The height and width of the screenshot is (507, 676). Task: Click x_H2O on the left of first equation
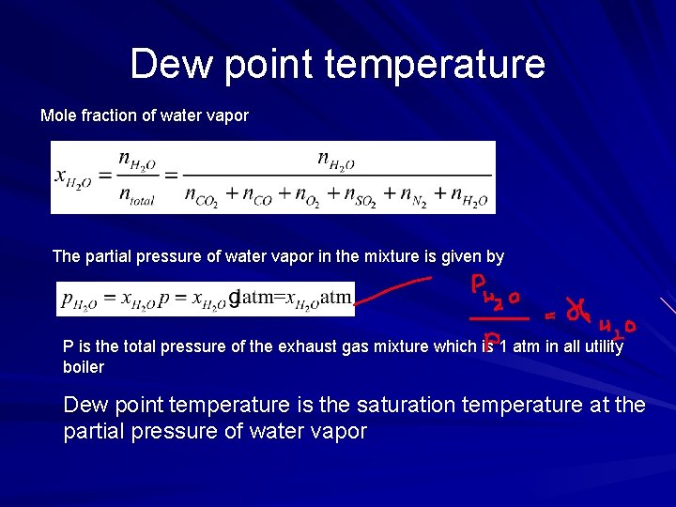tap(73, 177)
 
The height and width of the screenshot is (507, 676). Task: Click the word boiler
tap(83, 367)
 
